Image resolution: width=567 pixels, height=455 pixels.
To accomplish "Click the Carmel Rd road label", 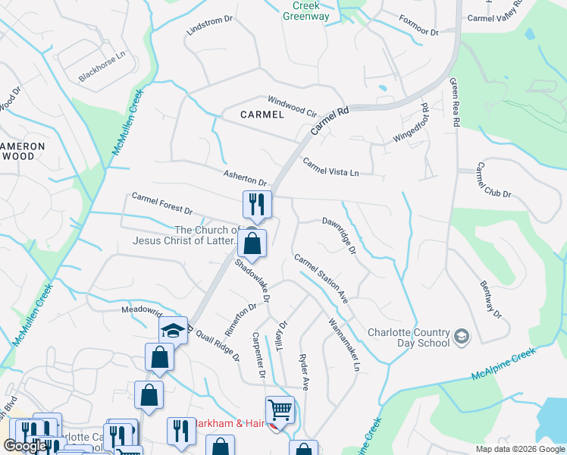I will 329,121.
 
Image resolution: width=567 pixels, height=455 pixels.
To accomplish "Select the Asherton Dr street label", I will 245,178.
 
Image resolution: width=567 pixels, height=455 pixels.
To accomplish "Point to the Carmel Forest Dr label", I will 162,202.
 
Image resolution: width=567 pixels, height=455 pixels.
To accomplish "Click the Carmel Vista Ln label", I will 330,167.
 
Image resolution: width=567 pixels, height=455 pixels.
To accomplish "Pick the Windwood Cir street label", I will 292,104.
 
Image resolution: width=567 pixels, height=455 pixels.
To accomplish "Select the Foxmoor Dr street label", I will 419,27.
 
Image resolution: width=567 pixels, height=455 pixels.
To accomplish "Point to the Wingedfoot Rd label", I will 409,125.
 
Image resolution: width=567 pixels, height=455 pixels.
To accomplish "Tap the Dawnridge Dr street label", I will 338,237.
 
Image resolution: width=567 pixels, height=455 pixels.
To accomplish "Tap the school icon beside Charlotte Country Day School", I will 462,337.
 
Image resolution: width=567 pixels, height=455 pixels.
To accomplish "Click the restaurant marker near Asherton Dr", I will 257,204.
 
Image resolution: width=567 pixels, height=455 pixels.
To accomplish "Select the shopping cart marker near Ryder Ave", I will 280,411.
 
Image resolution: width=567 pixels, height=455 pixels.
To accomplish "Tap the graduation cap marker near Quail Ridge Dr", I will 173,330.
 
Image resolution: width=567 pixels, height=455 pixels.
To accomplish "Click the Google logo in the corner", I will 26,446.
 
